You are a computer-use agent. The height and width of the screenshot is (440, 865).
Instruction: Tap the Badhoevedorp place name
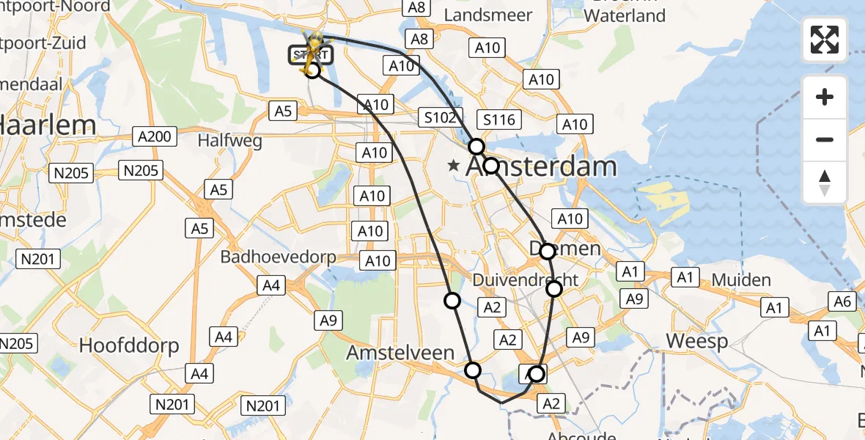click(278, 257)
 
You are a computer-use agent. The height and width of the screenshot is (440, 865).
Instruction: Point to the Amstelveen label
click(400, 353)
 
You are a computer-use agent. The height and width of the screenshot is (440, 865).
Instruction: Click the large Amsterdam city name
click(542, 167)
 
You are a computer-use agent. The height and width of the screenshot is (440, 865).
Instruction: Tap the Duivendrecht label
click(526, 280)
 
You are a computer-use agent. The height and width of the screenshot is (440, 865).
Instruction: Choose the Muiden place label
click(741, 280)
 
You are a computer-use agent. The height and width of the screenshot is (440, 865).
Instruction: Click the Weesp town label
click(697, 341)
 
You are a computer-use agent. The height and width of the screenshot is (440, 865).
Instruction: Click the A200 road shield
click(155, 136)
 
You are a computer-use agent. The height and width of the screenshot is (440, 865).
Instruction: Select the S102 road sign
click(441, 117)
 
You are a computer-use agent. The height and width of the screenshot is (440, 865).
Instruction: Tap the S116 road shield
click(500, 120)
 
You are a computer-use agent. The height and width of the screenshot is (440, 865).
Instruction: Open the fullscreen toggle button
click(825, 40)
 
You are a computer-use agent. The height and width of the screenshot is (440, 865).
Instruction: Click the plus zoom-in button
click(825, 97)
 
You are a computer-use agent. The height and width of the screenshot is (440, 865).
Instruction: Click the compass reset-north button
click(825, 183)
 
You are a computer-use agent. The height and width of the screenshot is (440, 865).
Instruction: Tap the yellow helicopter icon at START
click(314, 50)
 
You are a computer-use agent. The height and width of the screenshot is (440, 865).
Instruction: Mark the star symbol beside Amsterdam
click(454, 167)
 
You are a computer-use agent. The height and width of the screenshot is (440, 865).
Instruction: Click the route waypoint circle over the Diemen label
click(548, 252)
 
